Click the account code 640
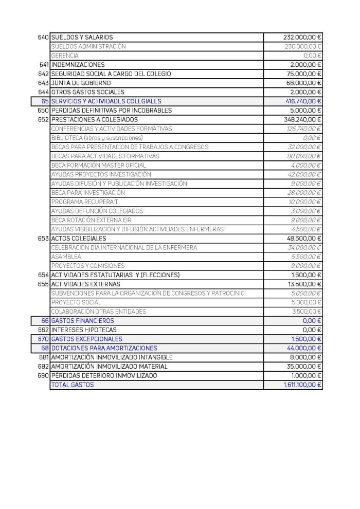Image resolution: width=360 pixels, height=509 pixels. tap(43, 38)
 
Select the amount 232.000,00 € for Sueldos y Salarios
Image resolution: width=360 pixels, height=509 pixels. tap(302, 38)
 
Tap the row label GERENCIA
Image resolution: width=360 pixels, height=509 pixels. tap(65, 56)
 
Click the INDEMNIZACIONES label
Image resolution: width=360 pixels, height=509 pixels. tap(78, 65)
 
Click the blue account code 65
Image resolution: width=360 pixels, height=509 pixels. tap(45, 101)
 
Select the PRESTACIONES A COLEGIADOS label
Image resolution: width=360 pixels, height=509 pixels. tap(95, 120)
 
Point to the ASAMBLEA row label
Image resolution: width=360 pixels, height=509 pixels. tap(66, 257)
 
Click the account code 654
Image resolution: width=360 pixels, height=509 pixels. tap(43, 275)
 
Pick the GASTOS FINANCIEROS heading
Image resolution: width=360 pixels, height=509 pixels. tap(83, 321)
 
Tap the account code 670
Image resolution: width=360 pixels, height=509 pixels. tap(43, 339)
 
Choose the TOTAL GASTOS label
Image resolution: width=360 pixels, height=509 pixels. tap(73, 385)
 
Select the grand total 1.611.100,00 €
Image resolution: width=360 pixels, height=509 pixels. tap(301, 385)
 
